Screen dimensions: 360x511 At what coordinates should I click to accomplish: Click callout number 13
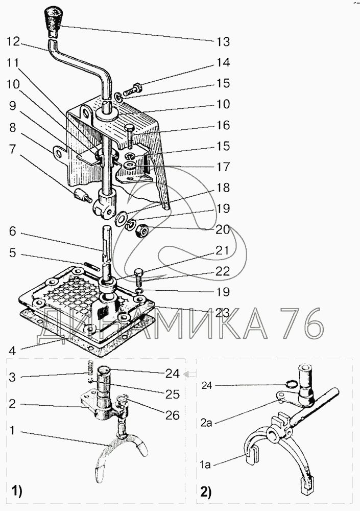(223, 41)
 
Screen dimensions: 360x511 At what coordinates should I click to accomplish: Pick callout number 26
(173, 415)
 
